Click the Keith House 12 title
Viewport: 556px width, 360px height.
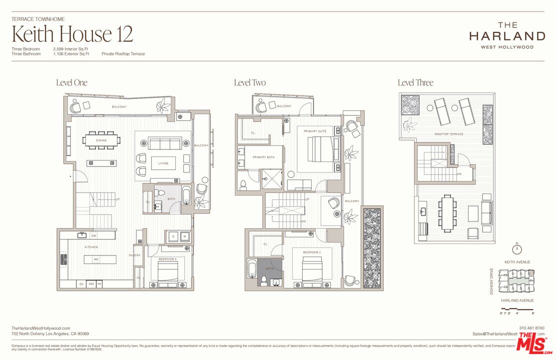point(72,34)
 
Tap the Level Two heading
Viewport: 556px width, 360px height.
point(250,82)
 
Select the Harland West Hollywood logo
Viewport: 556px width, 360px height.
point(507,35)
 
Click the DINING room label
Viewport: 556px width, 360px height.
point(101,140)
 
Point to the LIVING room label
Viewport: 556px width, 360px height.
point(163,163)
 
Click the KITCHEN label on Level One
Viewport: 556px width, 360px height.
point(91,247)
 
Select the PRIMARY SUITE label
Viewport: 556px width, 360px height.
point(315,131)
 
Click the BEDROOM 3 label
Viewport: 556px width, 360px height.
point(168,258)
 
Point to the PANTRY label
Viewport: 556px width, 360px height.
point(135,255)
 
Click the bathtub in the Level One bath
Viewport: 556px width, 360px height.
point(186,195)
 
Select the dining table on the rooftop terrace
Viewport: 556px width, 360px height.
point(447,212)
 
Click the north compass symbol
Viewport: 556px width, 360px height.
point(518,248)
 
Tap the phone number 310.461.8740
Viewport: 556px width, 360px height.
point(532,328)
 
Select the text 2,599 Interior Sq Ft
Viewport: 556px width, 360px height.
point(71,49)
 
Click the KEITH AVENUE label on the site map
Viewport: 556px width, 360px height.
point(517,262)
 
